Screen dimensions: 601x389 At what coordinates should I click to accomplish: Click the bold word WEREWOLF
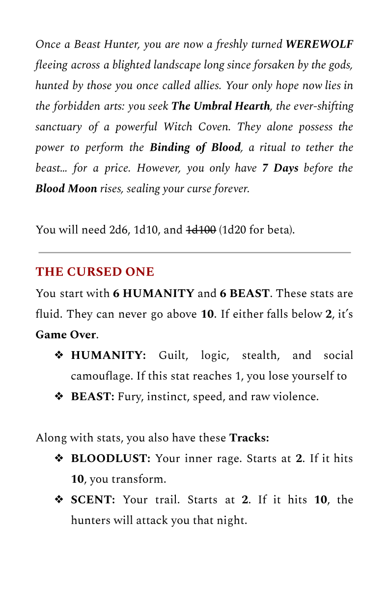tap(319, 45)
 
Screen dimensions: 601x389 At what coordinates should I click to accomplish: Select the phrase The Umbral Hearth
tap(221, 106)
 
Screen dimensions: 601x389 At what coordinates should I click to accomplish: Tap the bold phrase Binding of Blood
tap(195, 147)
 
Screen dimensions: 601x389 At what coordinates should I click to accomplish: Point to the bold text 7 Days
tap(280, 168)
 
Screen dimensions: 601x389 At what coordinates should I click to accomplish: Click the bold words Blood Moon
tap(66, 189)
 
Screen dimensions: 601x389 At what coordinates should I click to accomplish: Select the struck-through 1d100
tap(201, 229)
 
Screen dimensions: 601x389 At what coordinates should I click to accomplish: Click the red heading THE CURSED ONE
tap(95, 272)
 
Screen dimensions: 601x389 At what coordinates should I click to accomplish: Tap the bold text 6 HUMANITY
tap(153, 294)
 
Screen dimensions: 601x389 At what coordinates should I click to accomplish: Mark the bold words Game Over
tap(65, 335)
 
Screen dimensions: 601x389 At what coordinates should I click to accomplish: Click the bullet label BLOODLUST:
tap(111, 459)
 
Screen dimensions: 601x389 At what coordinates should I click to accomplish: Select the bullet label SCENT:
tap(93, 500)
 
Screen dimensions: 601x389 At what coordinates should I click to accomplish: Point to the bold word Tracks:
tap(249, 437)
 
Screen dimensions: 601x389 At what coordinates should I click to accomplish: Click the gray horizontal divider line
tap(194, 252)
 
